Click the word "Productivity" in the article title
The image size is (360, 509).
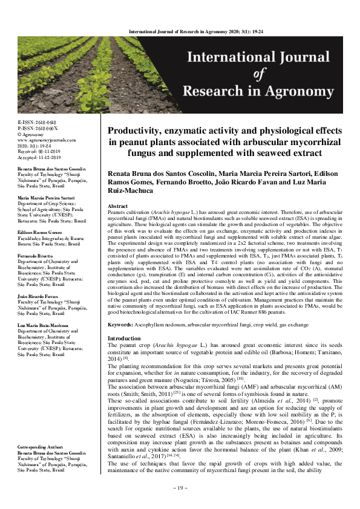[x=143, y=130]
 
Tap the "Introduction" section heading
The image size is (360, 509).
[x=123, y=338]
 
